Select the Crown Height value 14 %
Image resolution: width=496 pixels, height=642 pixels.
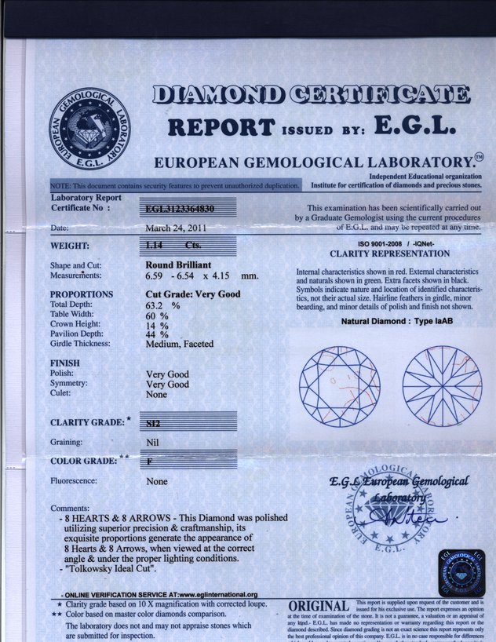click(159, 324)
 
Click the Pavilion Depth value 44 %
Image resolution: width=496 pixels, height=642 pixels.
click(159, 334)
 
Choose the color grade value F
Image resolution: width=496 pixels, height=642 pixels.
click(150, 461)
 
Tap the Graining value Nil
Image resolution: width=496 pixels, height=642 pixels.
click(153, 442)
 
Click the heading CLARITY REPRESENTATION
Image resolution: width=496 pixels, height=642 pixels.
click(390, 254)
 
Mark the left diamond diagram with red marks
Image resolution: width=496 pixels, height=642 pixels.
click(339, 385)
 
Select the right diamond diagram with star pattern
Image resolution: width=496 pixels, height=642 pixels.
click(442, 385)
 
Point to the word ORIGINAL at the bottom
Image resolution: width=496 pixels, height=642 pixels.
click(319, 607)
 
